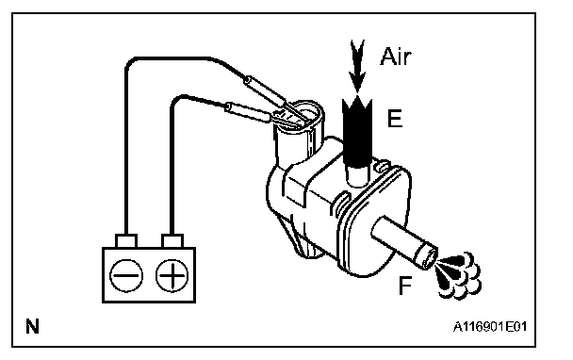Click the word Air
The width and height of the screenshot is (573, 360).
coord(396,57)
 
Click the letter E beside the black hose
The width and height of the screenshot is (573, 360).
coord(395,119)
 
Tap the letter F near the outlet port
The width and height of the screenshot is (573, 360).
coord(405,286)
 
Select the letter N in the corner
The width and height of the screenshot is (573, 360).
coord(33,326)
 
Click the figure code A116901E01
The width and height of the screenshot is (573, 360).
coord(490,326)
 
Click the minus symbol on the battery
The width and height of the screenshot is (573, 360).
coord(126,275)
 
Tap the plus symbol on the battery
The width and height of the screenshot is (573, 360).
coord(172,275)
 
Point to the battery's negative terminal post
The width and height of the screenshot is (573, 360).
coord(126,241)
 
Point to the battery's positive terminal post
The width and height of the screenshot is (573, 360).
coord(172,241)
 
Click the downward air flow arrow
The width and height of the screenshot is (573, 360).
coord(357,66)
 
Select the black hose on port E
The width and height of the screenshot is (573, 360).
coord(357,132)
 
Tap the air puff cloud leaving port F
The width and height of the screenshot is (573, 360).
coord(459,275)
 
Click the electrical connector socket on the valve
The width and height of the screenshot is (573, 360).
coord(300,134)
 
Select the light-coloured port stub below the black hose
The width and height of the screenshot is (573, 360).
coord(357,176)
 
